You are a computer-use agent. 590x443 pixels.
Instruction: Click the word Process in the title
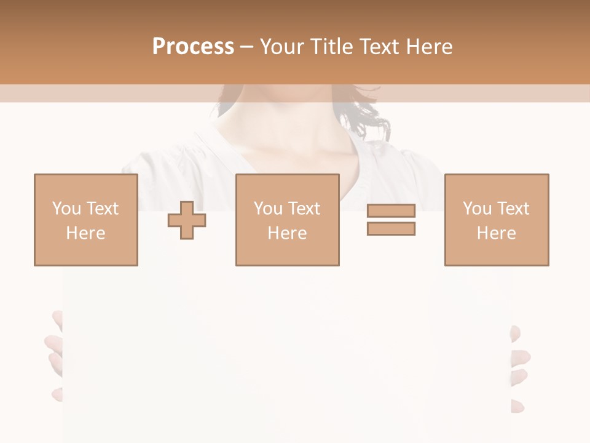pos(193,47)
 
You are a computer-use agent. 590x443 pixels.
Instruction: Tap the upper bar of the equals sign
pos(391,210)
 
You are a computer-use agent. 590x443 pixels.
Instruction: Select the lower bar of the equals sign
pos(391,228)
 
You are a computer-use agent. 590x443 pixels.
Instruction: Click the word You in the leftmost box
pos(66,209)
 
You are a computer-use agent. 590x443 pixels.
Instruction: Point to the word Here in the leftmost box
pos(85,233)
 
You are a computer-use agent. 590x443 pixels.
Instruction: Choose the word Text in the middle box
pos(304,209)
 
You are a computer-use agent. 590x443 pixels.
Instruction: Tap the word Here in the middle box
pos(287,233)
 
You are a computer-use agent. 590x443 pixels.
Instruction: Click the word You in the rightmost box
pos(477,209)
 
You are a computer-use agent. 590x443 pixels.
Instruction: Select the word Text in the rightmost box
pos(513,209)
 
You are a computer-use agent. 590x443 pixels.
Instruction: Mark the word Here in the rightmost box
pos(496,233)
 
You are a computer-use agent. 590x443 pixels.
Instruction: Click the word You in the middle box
pos(268,209)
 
